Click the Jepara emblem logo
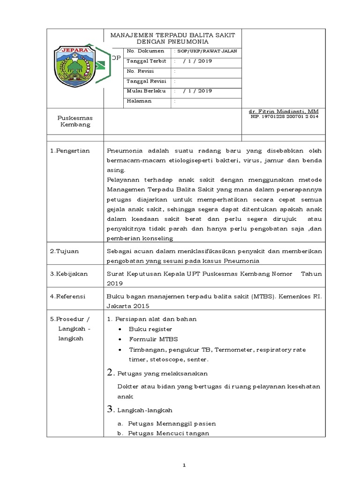72,65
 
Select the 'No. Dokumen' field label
146,51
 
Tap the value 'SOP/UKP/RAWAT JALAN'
207,51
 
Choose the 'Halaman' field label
139,101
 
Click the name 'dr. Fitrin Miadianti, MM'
284,111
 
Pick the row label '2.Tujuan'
65,251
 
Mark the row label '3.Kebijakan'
68,274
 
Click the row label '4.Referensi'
68,297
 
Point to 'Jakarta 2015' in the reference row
128,306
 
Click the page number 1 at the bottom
185,465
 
